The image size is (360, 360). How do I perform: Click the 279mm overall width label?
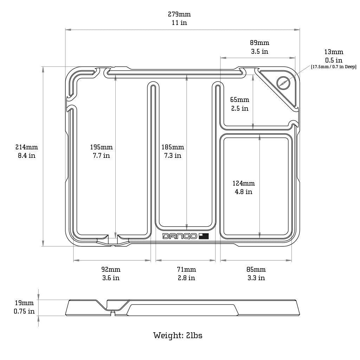179,14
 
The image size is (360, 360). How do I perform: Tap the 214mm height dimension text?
27,147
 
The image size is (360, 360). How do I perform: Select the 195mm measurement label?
101,147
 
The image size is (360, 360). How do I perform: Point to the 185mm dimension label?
173,147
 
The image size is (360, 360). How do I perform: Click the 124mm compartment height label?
244,183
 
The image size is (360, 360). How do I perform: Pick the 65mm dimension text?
240,99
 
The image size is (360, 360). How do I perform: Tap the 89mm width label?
260,43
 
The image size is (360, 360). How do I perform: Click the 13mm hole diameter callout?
334,52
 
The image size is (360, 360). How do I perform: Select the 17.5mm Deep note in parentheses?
334,67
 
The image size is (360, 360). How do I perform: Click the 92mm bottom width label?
111,269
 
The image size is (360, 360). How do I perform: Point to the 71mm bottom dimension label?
186,269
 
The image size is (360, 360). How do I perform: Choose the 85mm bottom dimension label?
256,269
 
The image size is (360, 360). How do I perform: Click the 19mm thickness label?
24,303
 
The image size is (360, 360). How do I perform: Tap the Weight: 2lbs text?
178,335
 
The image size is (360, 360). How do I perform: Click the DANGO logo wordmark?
180,236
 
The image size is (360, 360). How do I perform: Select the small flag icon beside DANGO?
204,236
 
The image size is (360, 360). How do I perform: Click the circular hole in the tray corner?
283,83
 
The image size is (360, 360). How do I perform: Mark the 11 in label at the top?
179,23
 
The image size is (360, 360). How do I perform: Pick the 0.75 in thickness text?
24,311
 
